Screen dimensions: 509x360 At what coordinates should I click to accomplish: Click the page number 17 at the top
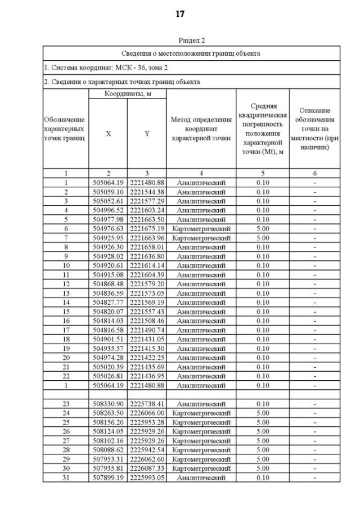(x=180, y=14)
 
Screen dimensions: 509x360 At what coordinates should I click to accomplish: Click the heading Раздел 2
(x=191, y=40)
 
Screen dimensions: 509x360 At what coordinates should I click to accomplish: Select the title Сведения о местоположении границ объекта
(x=191, y=53)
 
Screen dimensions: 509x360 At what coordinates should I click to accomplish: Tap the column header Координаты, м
(x=127, y=94)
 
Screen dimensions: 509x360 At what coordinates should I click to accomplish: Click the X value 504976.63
(x=108, y=229)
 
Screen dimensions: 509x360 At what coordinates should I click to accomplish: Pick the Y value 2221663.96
(x=147, y=238)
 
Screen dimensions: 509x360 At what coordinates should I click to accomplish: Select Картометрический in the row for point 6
(x=201, y=229)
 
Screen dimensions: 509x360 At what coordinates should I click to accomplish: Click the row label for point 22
(x=66, y=376)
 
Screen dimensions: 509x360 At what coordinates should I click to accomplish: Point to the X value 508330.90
(x=108, y=403)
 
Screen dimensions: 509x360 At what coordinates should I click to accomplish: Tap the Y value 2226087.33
(x=147, y=468)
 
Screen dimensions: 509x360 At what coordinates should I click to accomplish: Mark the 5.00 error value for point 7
(x=262, y=238)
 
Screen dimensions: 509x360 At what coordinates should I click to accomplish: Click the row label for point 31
(x=66, y=477)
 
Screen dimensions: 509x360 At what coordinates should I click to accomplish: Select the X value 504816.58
(x=108, y=330)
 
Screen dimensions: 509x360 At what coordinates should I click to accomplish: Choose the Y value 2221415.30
(x=147, y=348)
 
